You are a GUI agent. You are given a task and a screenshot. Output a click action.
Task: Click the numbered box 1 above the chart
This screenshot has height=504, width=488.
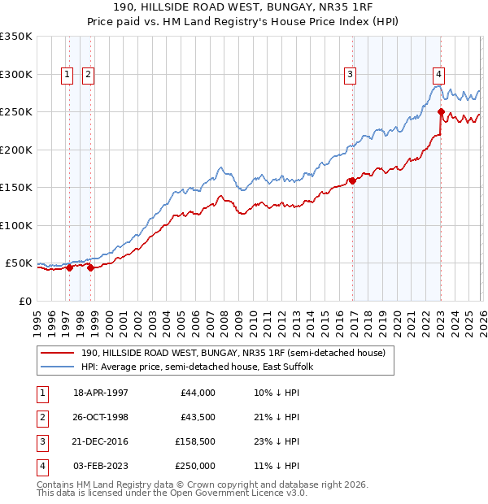[x=66, y=75]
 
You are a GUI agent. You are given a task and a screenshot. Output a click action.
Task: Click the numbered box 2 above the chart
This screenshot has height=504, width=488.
[x=87, y=75]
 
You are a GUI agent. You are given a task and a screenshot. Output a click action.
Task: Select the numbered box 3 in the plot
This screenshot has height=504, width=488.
[x=350, y=75]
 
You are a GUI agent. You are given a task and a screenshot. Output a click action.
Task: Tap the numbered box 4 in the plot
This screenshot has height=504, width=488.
[x=438, y=75]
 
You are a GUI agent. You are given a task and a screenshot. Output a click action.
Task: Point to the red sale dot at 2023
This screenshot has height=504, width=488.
[x=441, y=112]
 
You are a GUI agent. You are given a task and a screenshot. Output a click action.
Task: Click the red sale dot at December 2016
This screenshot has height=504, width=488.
[x=352, y=180]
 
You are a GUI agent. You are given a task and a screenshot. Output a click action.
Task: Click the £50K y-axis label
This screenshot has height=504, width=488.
[x=19, y=263]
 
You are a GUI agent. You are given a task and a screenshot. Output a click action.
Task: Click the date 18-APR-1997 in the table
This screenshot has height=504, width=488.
[x=101, y=393]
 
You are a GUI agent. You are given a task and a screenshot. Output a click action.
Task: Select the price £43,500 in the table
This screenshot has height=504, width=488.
[x=196, y=417]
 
